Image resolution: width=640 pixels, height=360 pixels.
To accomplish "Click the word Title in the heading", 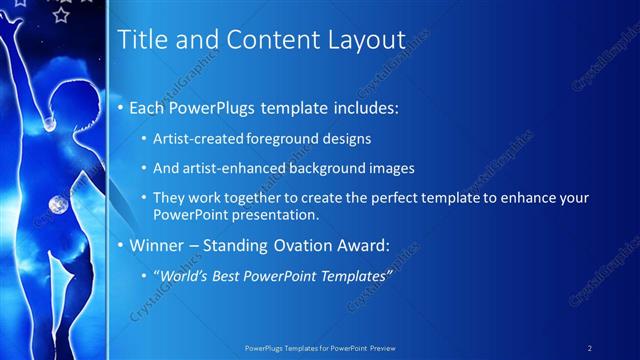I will (142, 40).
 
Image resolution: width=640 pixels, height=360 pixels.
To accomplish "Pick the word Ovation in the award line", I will (299, 244).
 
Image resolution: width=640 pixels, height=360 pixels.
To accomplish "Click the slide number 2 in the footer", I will (590, 348).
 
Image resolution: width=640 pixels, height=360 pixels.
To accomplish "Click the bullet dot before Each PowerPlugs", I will (122, 107).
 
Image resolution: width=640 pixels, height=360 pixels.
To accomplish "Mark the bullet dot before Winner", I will (122, 245).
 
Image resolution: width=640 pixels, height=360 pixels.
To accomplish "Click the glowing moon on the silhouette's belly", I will (55, 206).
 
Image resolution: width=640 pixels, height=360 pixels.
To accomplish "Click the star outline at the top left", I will (62, 15).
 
